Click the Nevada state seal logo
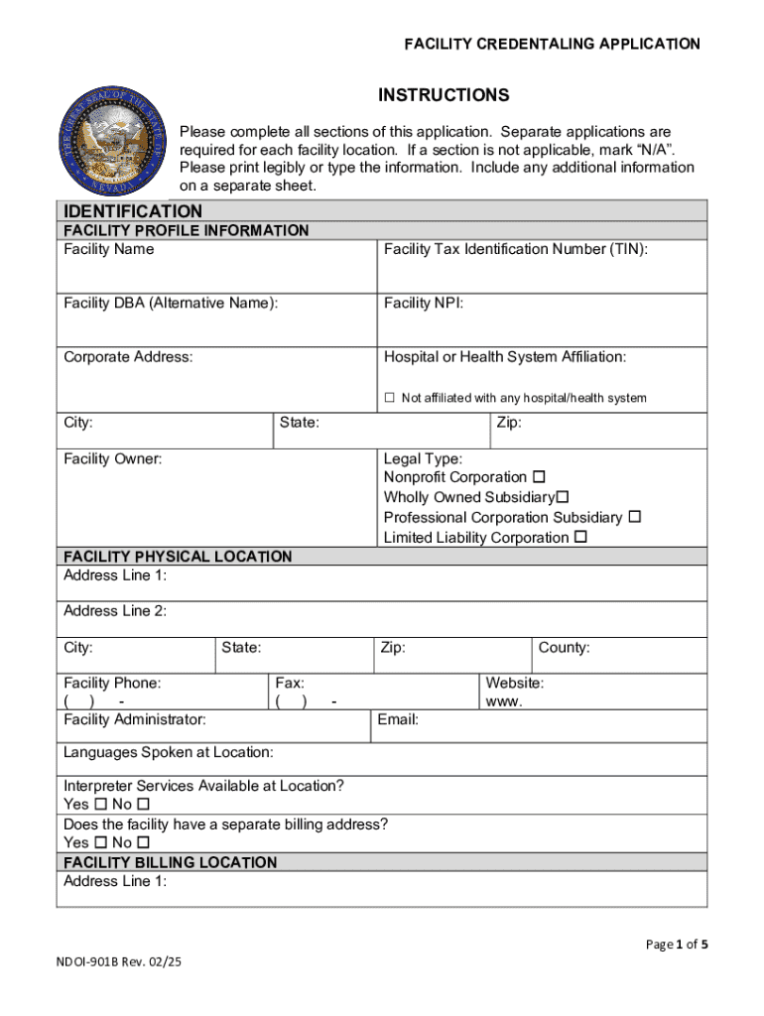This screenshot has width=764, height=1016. tap(109, 141)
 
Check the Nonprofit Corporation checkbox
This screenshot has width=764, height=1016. tap(539, 477)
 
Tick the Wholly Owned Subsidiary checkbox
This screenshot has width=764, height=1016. tap(563, 497)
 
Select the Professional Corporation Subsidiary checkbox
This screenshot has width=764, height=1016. tap(635, 517)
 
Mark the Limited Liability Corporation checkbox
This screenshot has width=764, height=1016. tap(581, 538)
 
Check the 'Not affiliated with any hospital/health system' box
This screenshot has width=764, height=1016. tap(390, 398)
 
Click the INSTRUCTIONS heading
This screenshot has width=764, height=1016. tap(444, 95)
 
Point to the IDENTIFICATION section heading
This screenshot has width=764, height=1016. tap(133, 211)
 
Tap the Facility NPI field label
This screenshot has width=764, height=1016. tap(424, 303)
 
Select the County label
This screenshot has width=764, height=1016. tap(564, 648)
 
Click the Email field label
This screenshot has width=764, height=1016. tap(398, 719)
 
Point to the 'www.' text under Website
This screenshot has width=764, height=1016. tap(504, 701)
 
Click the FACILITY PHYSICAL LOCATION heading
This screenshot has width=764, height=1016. tap(178, 557)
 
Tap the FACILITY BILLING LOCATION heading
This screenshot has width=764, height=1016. tap(170, 862)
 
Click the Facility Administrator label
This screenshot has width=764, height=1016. tap(135, 719)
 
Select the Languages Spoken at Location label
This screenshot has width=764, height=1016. tap(169, 752)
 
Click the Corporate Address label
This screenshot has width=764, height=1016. tap(128, 356)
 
